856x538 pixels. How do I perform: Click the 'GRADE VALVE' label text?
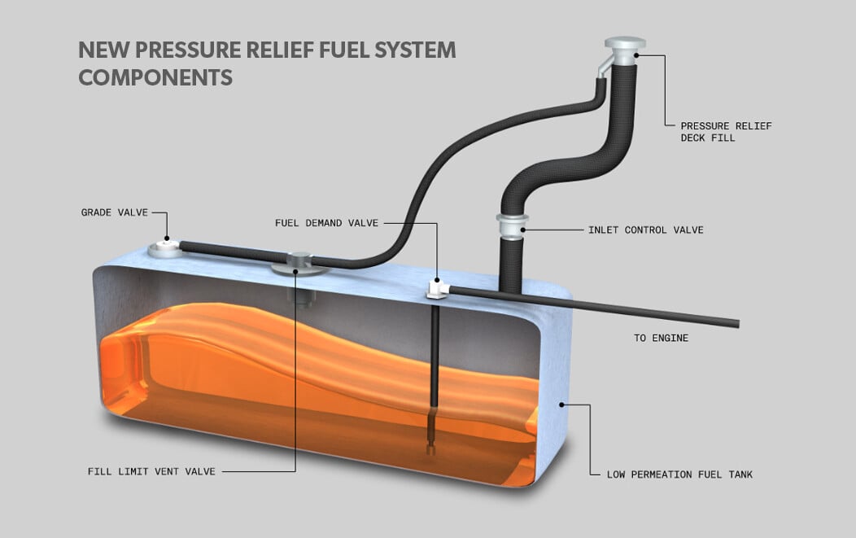(x=114, y=212)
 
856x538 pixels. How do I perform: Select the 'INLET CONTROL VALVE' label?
(x=645, y=230)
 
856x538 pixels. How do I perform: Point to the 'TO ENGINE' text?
(x=661, y=338)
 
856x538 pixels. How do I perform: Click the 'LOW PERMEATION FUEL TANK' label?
(x=679, y=475)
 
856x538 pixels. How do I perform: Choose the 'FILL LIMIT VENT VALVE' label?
(x=151, y=471)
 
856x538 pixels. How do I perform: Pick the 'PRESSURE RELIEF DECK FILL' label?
(x=726, y=132)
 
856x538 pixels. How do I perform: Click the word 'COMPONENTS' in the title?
(x=155, y=77)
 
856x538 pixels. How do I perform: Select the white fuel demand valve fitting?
(x=437, y=286)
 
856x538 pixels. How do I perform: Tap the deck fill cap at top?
(x=625, y=46)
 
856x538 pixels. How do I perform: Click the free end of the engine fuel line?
(x=736, y=323)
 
